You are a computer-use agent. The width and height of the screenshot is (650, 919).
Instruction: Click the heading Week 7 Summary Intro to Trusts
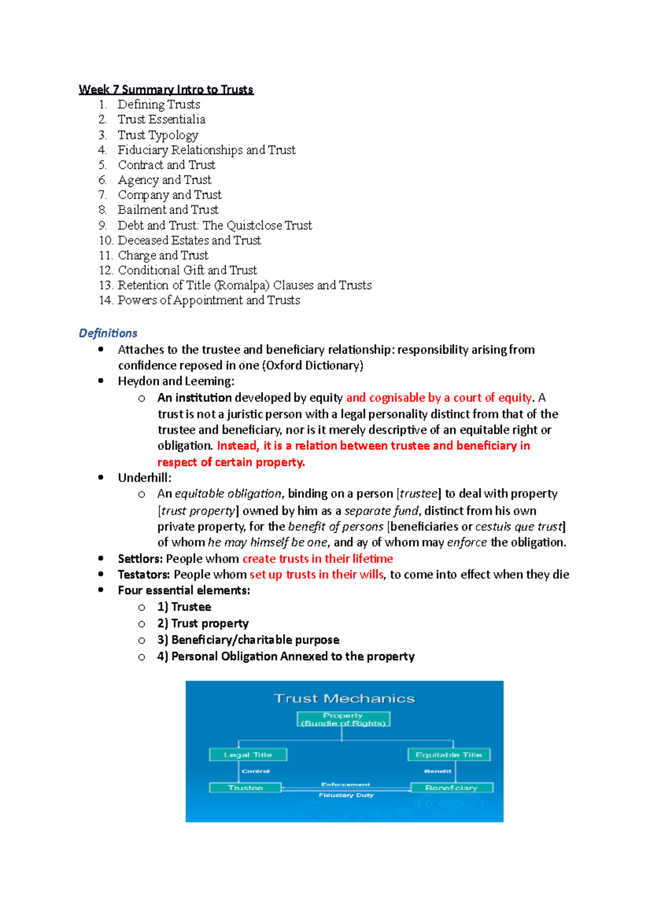click(x=166, y=89)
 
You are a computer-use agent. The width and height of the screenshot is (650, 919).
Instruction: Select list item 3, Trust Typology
click(x=158, y=135)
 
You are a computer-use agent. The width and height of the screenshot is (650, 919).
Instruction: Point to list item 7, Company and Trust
click(x=170, y=195)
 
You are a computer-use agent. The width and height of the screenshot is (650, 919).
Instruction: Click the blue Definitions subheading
click(x=108, y=333)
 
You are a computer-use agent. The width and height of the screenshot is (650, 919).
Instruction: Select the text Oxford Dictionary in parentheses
click(x=313, y=366)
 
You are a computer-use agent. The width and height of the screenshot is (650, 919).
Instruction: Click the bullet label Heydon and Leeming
click(x=175, y=382)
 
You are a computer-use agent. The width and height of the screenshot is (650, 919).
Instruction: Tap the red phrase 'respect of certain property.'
click(x=231, y=462)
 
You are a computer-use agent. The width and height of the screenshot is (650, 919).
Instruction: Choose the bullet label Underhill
click(x=144, y=478)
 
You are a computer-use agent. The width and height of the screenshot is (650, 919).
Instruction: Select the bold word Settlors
click(x=140, y=559)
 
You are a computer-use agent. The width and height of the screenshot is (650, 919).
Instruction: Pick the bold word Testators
click(x=144, y=575)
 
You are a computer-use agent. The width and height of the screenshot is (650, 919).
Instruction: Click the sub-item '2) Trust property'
click(x=203, y=623)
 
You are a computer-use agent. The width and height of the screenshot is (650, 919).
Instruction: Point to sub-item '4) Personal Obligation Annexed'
click(x=285, y=657)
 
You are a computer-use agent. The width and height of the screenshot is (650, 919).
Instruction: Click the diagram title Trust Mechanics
click(x=344, y=699)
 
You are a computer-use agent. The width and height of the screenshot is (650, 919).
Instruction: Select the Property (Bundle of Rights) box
click(x=343, y=719)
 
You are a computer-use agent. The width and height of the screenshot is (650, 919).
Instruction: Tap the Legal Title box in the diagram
click(x=248, y=754)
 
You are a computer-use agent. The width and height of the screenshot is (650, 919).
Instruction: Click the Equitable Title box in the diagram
click(x=448, y=754)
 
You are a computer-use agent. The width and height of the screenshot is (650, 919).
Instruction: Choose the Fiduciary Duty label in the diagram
click(x=346, y=795)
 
